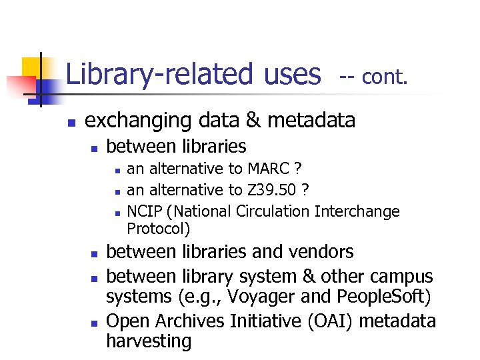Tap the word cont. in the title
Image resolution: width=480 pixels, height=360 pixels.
(x=383, y=77)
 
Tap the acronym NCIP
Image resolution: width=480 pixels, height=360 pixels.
(x=146, y=212)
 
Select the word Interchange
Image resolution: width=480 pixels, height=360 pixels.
(x=357, y=212)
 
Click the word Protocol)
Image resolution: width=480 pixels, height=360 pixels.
(x=159, y=229)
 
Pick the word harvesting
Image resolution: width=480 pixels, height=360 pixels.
(x=149, y=341)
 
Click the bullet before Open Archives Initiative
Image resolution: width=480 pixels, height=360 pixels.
(x=95, y=323)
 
